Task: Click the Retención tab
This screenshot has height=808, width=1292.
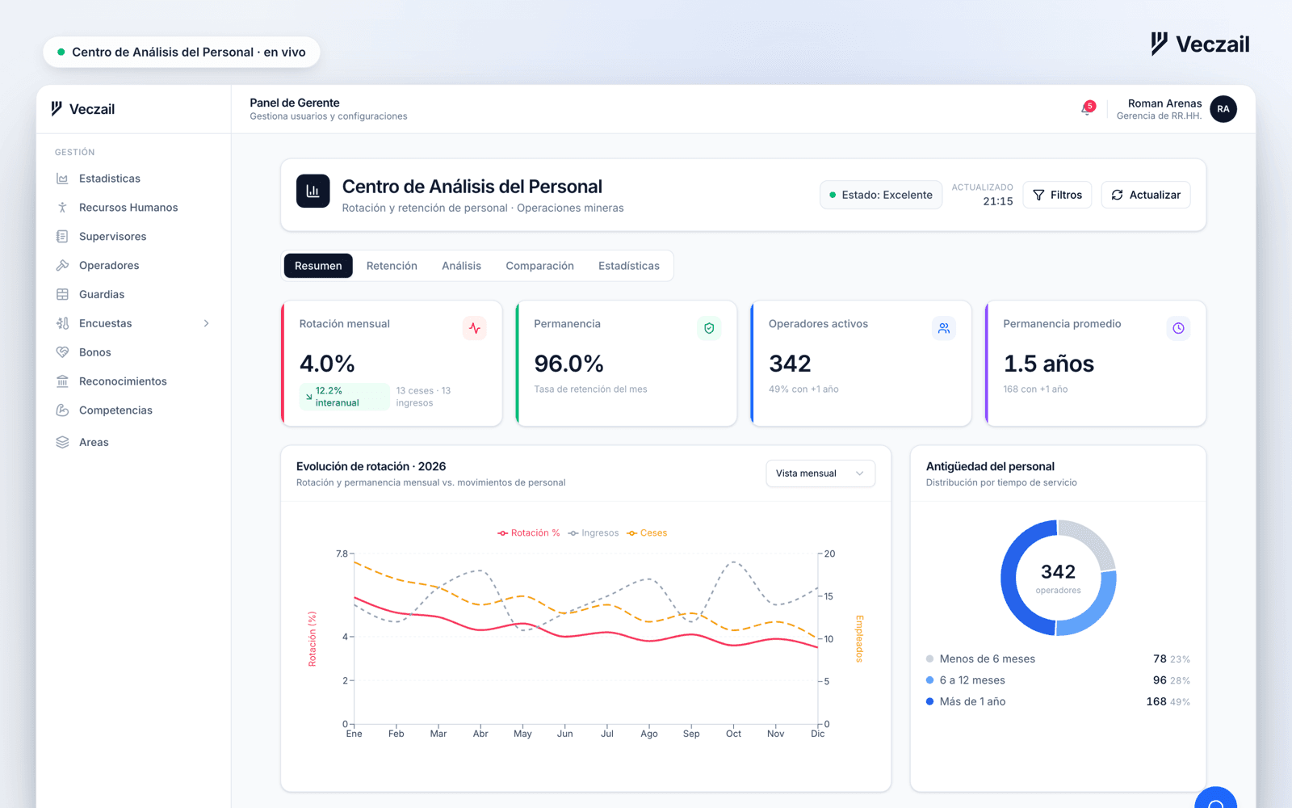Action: [x=392, y=266]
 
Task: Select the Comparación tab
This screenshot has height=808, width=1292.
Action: [x=539, y=266]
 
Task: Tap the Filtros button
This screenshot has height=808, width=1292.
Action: [x=1057, y=195]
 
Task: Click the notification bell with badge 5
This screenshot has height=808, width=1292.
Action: [x=1087, y=108]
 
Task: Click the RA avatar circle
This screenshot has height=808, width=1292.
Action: [x=1223, y=109]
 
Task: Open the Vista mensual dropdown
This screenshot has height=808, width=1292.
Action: [x=820, y=473]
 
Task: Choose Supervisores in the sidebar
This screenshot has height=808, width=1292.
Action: [x=112, y=236]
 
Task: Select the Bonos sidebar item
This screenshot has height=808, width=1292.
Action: [x=94, y=352]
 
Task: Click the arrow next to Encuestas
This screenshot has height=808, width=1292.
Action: [x=206, y=323]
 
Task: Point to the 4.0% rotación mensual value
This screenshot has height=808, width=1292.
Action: [x=326, y=364]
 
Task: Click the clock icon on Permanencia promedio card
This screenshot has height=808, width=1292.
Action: [x=1178, y=328]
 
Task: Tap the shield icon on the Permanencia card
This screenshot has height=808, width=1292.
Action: [x=709, y=328]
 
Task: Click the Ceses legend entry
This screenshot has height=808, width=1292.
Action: [x=647, y=532]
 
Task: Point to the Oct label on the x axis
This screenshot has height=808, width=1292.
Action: [x=733, y=734]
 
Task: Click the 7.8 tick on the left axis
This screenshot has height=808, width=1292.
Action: [x=342, y=553]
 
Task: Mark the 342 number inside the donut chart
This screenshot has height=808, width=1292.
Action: [x=1058, y=571]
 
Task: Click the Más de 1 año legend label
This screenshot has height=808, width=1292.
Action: [x=972, y=701]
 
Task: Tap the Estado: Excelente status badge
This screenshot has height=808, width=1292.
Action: [x=881, y=195]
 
